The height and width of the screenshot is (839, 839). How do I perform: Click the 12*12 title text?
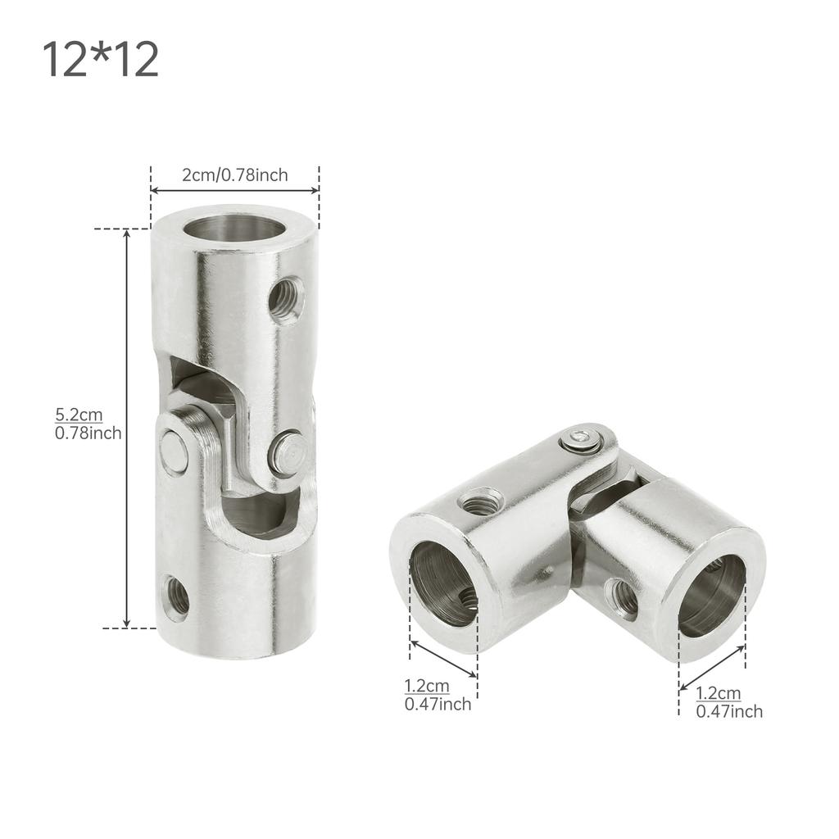(x=100, y=61)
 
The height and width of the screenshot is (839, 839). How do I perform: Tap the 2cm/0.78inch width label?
(x=234, y=175)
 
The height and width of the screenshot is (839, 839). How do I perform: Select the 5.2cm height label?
(x=79, y=415)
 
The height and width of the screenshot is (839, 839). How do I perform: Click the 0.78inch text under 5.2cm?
(x=88, y=433)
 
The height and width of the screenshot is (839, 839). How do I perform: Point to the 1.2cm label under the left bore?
(x=426, y=686)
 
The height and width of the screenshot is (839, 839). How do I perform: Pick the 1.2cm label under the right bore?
(x=718, y=694)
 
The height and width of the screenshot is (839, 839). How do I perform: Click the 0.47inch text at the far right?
(x=728, y=711)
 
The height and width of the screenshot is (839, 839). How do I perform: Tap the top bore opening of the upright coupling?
(x=234, y=226)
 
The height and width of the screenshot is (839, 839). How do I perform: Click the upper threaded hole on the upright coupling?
(x=287, y=299)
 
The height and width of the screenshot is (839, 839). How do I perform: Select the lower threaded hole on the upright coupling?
(x=176, y=598)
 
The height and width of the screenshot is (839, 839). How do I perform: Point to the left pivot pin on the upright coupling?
(x=174, y=453)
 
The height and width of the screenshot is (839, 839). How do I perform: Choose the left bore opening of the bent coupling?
(x=442, y=583)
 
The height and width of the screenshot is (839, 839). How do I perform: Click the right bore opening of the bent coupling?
(x=711, y=596)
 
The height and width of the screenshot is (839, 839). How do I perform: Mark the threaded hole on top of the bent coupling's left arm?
(x=480, y=501)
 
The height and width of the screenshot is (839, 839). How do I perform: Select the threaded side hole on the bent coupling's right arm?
(x=623, y=599)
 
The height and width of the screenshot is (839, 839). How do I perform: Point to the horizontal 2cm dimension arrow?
(x=234, y=191)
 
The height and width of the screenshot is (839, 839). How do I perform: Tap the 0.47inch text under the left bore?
(x=438, y=704)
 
